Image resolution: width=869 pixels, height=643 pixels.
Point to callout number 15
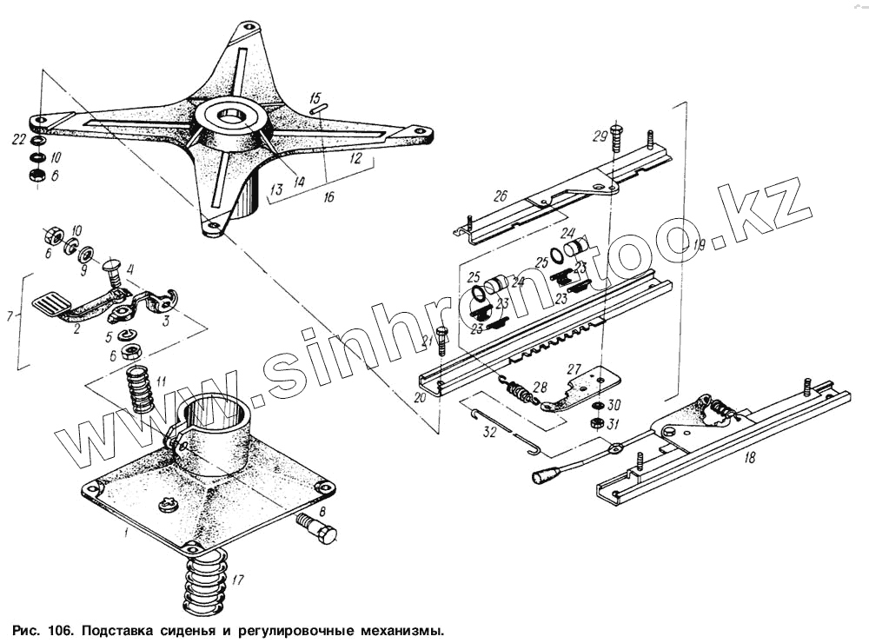(315, 96)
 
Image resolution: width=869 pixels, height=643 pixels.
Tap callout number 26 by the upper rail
(501, 196)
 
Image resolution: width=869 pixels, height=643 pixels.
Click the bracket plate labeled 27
(592, 382)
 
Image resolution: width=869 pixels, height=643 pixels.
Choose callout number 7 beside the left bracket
(10, 316)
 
